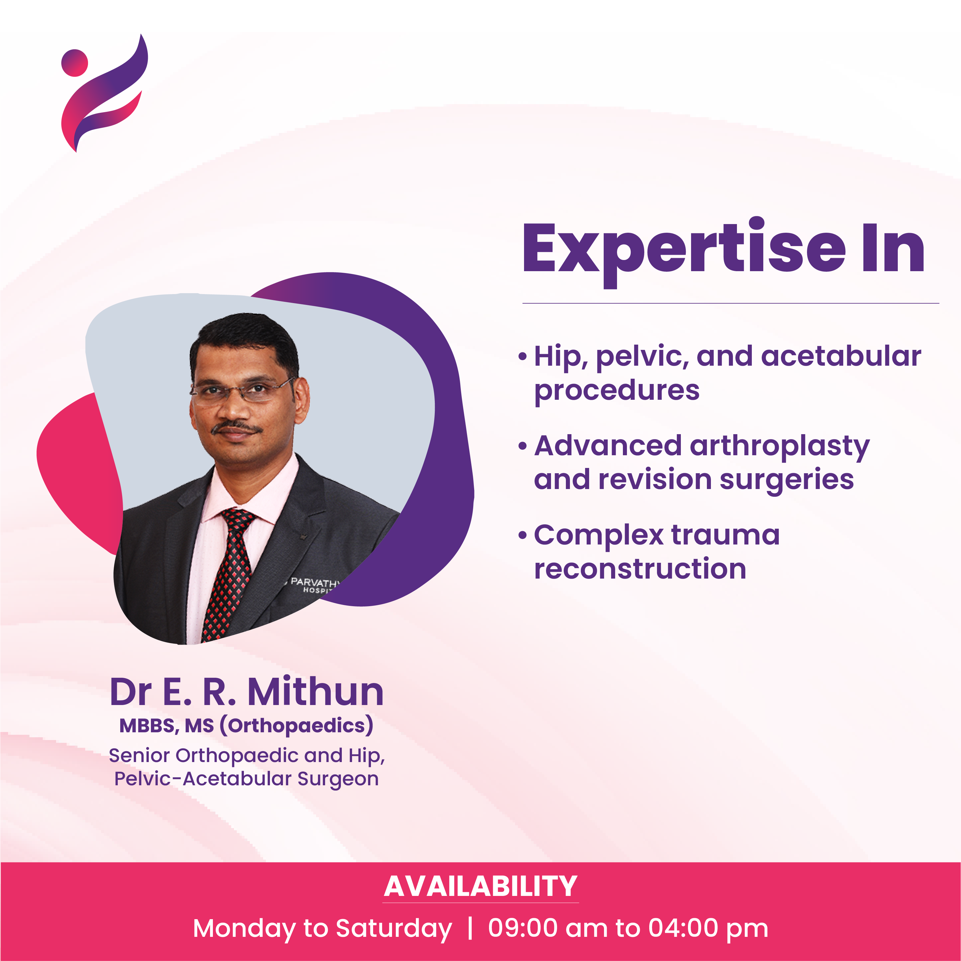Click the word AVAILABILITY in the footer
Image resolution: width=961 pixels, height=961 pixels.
click(480, 886)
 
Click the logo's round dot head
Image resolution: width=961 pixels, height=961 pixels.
click(75, 63)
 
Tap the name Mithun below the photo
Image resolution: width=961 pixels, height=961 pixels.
click(316, 692)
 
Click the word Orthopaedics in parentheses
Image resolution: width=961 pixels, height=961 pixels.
click(297, 726)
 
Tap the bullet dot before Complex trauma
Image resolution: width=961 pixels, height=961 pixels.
click(522, 536)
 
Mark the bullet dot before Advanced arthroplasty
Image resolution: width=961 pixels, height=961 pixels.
click(522, 446)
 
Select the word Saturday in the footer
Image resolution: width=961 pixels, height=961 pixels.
click(394, 929)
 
